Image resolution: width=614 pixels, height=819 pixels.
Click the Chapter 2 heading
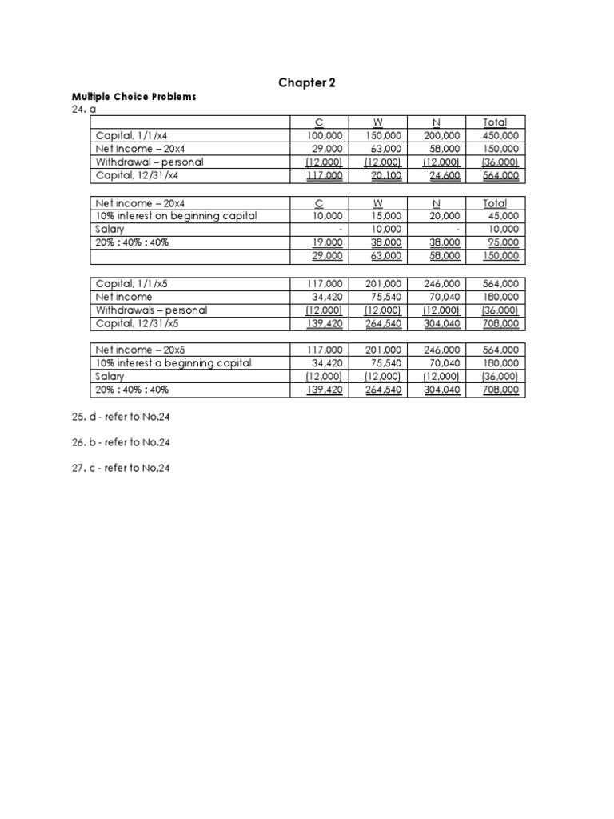(x=307, y=82)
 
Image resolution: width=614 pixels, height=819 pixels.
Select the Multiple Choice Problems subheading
(x=134, y=97)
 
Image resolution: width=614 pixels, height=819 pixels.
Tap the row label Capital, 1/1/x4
(x=133, y=136)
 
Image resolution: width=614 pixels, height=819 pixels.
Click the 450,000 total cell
(x=500, y=136)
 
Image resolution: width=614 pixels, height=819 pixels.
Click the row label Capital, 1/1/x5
(x=133, y=283)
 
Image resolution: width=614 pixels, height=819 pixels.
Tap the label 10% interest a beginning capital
(x=173, y=363)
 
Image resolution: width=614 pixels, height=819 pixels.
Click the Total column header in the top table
(x=495, y=122)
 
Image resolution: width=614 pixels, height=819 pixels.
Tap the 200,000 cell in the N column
(x=441, y=136)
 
